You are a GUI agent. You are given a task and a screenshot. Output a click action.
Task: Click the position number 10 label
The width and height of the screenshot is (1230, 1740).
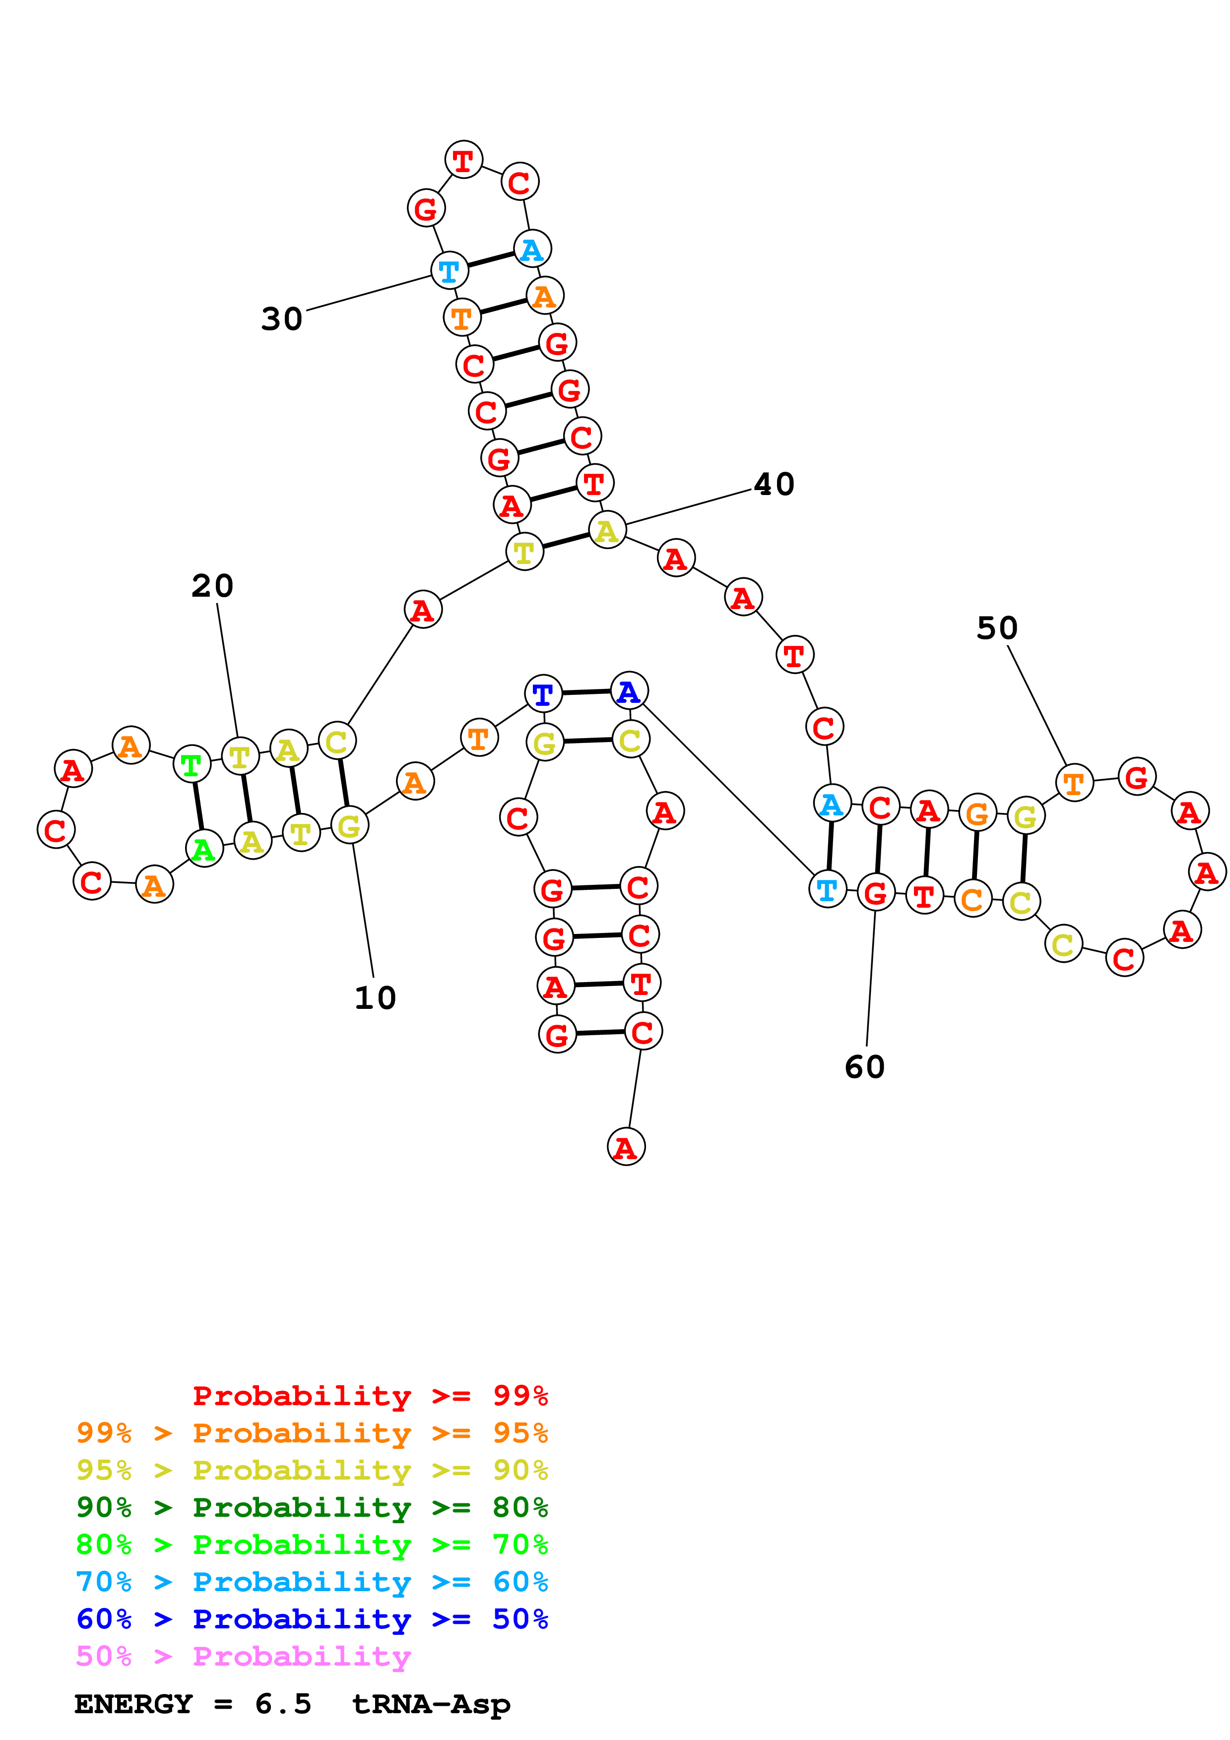point(375,998)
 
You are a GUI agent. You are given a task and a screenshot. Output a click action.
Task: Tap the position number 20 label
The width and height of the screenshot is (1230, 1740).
point(212,586)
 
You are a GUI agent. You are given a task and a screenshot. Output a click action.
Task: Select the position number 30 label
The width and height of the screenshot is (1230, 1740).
point(282,319)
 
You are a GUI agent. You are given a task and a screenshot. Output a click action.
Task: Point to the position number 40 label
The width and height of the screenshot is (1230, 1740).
point(774,484)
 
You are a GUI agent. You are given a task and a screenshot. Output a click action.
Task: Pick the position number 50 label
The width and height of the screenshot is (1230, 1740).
point(997,628)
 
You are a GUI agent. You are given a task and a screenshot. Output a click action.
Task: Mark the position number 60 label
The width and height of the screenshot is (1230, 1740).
point(865,1067)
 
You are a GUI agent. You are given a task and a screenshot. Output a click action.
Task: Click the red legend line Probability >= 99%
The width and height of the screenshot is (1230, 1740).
point(370,1395)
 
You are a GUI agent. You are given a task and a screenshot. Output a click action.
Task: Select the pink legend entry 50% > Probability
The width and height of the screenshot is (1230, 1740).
point(243,1656)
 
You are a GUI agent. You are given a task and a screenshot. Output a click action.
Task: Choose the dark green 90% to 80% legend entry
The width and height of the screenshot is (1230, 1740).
point(312,1507)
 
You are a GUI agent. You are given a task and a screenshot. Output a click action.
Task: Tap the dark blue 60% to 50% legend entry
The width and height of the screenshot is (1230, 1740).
point(312,1619)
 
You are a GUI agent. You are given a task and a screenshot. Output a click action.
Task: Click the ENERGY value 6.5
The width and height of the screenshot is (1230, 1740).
point(283,1704)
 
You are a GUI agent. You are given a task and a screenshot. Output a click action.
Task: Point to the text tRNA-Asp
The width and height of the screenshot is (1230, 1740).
point(431,1704)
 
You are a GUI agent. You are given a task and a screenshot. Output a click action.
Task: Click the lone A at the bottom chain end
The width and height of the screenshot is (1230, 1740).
point(626,1147)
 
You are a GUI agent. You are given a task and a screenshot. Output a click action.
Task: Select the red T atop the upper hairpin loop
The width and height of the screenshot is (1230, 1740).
point(463,160)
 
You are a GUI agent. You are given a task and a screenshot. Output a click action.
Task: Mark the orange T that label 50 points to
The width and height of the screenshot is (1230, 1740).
point(1074,782)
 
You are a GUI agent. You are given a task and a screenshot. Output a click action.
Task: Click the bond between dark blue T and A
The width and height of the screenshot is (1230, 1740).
point(586,692)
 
